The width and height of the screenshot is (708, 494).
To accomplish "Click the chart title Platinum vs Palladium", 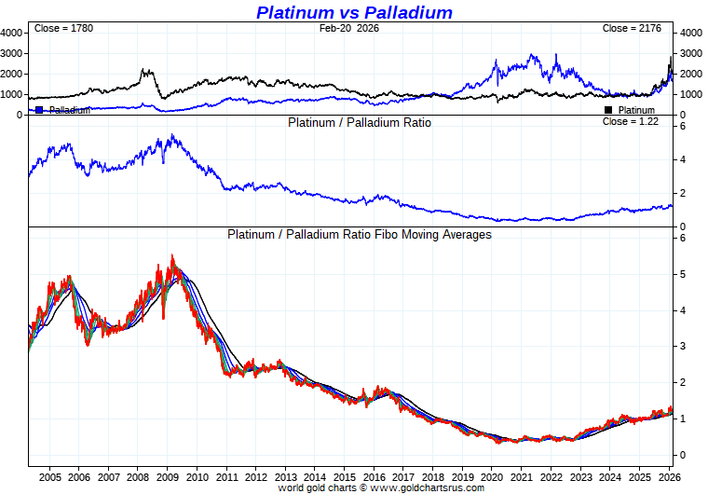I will tap(354, 12).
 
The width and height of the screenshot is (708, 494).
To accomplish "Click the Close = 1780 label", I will tap(63, 29).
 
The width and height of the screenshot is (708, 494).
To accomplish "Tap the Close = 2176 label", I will tap(632, 29).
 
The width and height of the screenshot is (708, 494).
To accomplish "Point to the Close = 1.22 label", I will tap(630, 121).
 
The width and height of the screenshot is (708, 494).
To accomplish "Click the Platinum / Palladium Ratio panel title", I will tap(360, 122).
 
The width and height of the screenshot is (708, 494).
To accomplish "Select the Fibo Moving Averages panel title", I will tap(360, 235).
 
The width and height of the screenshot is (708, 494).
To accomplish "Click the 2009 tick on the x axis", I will tap(168, 475).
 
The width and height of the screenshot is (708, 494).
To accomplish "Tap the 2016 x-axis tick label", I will tap(374, 475).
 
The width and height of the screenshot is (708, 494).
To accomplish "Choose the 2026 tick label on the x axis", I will tap(668, 475).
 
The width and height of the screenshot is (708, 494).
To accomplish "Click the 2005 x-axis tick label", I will tap(50, 475).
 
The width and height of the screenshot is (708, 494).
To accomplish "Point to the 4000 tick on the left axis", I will tap(11, 33).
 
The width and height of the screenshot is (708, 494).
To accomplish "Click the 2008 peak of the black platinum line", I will tap(145, 70).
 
